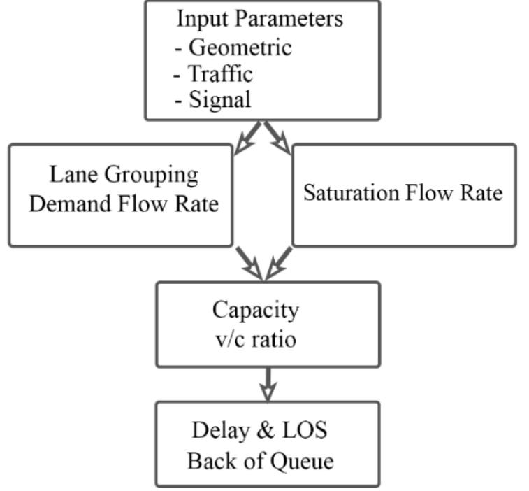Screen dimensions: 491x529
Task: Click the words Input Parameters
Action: point(260,19)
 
